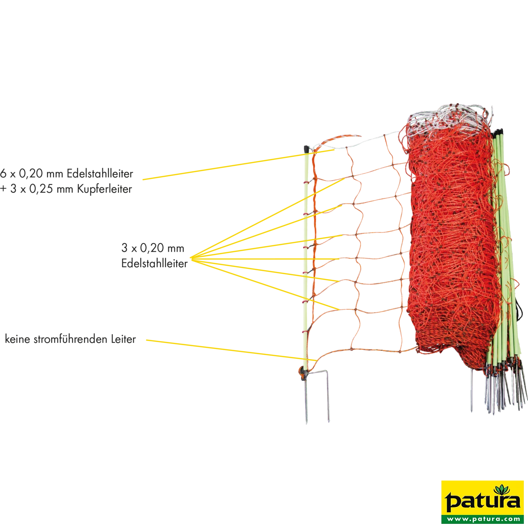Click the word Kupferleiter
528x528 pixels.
click(x=104, y=189)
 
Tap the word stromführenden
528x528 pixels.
click(x=71, y=339)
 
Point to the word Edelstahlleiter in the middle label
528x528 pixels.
click(x=155, y=264)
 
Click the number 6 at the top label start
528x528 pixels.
click(x=3, y=173)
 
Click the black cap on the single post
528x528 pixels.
click(x=306, y=150)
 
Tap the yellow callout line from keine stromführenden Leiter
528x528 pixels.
click(x=231, y=350)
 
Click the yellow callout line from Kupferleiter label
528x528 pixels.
click(x=238, y=165)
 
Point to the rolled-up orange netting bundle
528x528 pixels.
click(x=452, y=247)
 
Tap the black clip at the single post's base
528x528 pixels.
click(x=303, y=374)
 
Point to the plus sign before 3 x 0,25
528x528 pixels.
click(x=3, y=189)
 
